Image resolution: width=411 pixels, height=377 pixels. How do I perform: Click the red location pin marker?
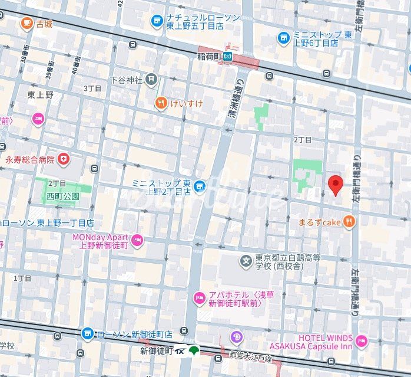(x=335, y=185)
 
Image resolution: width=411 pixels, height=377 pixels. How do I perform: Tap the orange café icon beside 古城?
(x=26, y=23)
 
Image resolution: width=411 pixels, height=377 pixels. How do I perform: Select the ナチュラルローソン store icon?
(x=157, y=22)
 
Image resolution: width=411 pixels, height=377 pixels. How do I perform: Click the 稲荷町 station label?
(x=209, y=57)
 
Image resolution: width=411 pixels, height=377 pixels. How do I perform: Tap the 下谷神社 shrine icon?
(x=152, y=78)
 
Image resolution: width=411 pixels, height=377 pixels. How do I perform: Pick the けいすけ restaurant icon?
(x=161, y=103)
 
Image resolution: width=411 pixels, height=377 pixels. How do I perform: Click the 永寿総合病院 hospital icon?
(x=62, y=159)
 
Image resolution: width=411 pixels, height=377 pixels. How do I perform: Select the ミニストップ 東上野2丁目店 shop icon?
(x=200, y=187)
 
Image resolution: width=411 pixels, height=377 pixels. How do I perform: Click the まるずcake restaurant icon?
(x=350, y=222)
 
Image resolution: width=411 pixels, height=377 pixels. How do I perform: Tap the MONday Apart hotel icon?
(x=137, y=240)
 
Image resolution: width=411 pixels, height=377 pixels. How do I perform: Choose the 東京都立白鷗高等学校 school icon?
(x=246, y=260)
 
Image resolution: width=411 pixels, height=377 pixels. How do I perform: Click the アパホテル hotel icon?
(x=200, y=297)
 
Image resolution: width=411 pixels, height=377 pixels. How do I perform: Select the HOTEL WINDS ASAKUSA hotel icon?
(x=361, y=340)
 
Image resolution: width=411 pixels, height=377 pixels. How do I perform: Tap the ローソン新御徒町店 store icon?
(x=88, y=334)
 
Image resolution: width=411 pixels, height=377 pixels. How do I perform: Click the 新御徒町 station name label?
(x=156, y=350)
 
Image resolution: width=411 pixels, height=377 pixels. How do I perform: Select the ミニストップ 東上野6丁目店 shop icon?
(x=284, y=38)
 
